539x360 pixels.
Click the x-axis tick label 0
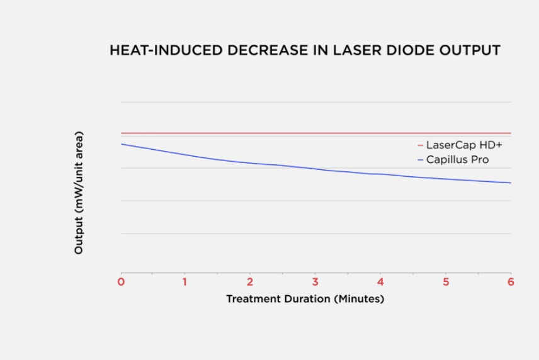click(x=121, y=281)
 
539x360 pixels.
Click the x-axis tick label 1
click(x=184, y=281)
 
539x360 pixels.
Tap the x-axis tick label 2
click(x=250, y=281)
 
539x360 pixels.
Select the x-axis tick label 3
click(x=315, y=281)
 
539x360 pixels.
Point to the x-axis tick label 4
click(x=380, y=281)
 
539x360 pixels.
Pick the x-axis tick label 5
click(x=446, y=281)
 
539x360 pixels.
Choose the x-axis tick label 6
click(x=511, y=281)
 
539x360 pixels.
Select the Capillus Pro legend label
click(x=457, y=160)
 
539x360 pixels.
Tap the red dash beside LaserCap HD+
click(x=420, y=145)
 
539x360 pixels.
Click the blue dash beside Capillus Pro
click(x=420, y=160)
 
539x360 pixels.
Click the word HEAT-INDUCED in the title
click(x=154, y=50)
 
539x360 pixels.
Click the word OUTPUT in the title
click(x=468, y=50)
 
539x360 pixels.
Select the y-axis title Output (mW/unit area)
click(x=79, y=193)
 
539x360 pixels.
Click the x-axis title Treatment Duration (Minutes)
click(x=305, y=299)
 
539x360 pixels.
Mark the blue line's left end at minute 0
click(x=122, y=144)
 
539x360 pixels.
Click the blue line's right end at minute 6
click(x=510, y=183)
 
